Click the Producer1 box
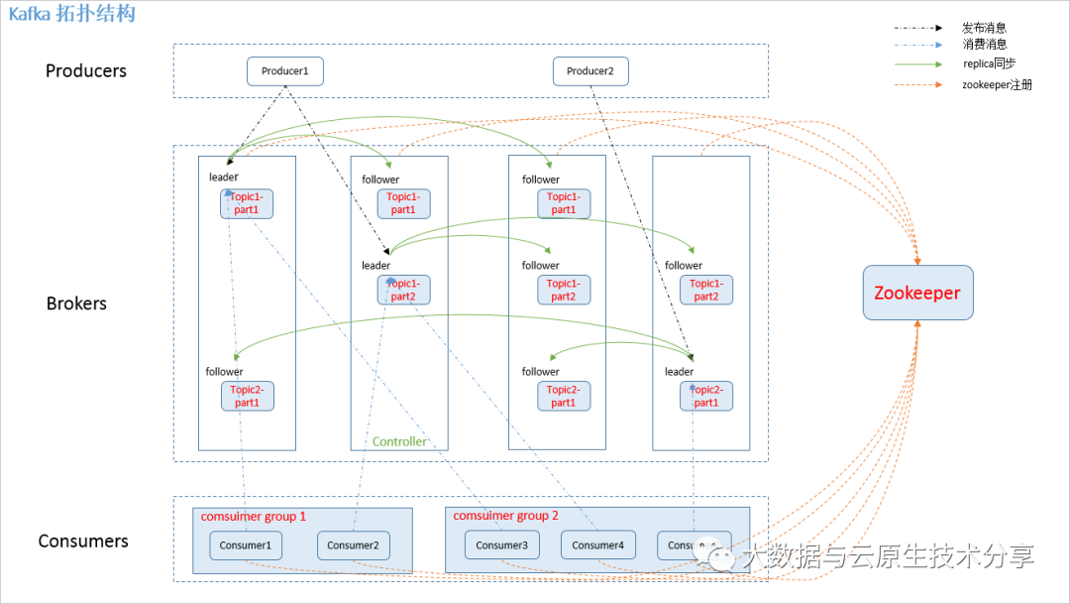click(285, 71)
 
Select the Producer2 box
click(590, 71)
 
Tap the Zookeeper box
click(917, 293)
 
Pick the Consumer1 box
click(246, 545)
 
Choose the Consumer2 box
click(353, 545)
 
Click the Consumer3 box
click(501, 545)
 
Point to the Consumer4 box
click(597, 545)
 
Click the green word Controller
click(399, 441)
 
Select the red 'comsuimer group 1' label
click(254, 517)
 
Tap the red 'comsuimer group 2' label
click(505, 516)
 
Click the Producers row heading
click(86, 71)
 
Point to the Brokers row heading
click(76, 303)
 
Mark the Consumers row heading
click(83, 542)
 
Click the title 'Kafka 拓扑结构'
click(72, 14)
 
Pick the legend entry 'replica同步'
click(989, 63)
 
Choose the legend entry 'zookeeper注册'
click(997, 85)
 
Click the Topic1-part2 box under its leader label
click(403, 290)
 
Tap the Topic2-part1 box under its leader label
click(706, 396)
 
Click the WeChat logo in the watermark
click(714, 555)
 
